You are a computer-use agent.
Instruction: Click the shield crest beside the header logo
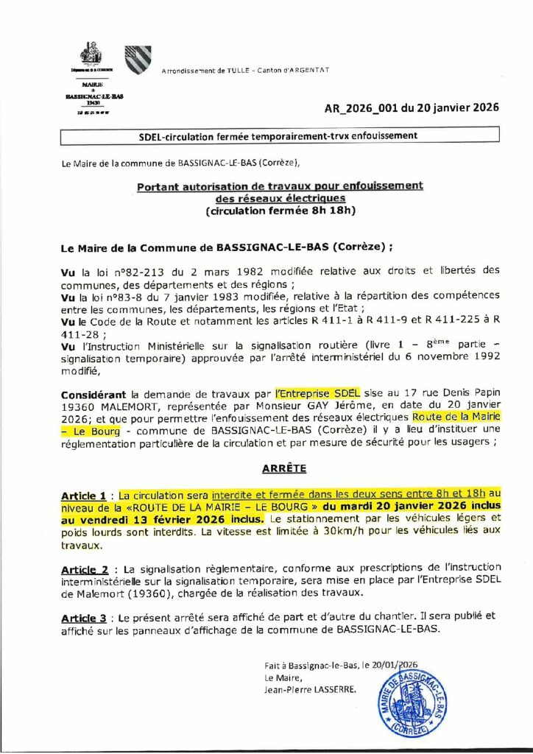point(137,60)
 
